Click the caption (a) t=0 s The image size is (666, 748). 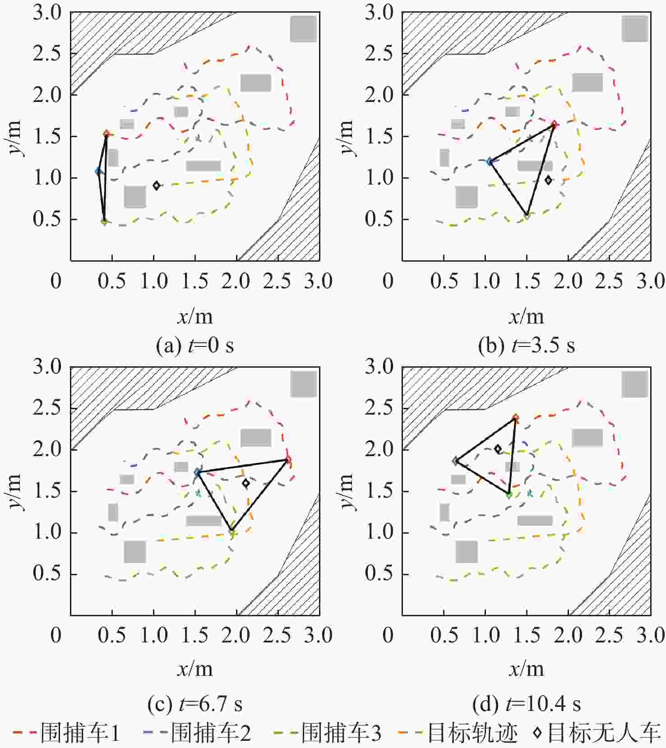click(x=195, y=346)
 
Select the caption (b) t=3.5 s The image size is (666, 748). click(x=527, y=346)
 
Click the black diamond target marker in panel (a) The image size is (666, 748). click(x=157, y=185)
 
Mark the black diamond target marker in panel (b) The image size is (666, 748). click(x=548, y=180)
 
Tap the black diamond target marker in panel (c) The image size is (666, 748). click(x=246, y=483)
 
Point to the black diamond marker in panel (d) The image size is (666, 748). click(x=498, y=449)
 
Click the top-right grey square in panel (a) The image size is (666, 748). click(x=303, y=29)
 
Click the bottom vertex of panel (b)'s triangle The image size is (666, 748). click(x=527, y=215)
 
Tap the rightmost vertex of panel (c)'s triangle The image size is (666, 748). click(x=288, y=460)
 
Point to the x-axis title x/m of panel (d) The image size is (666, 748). click(x=527, y=669)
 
